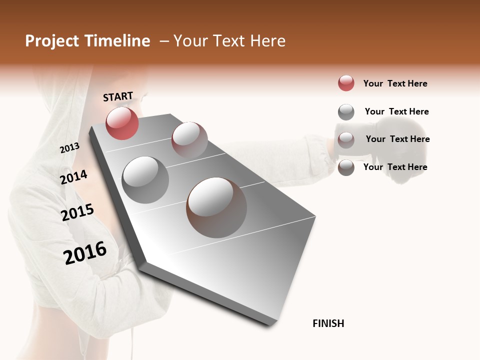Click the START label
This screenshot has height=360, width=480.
tap(118, 96)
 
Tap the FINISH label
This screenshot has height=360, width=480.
tap(328, 323)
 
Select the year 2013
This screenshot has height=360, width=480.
tap(69, 147)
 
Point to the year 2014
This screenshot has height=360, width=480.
tap(73, 177)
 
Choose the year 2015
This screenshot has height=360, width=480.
tap(77, 212)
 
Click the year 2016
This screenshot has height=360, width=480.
tap(85, 252)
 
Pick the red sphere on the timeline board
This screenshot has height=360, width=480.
tap(122, 123)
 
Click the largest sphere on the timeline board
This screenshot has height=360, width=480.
tap(216, 207)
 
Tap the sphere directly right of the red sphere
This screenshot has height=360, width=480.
tap(189, 139)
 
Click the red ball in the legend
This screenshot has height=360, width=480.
tap(346, 83)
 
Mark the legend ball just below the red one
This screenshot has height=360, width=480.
tap(346, 112)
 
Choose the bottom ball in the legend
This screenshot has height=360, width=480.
tap(346, 167)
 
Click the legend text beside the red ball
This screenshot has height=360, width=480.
tap(395, 83)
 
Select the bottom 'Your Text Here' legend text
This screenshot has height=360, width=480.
tap(395, 167)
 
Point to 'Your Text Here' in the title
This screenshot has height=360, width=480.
tap(229, 41)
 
